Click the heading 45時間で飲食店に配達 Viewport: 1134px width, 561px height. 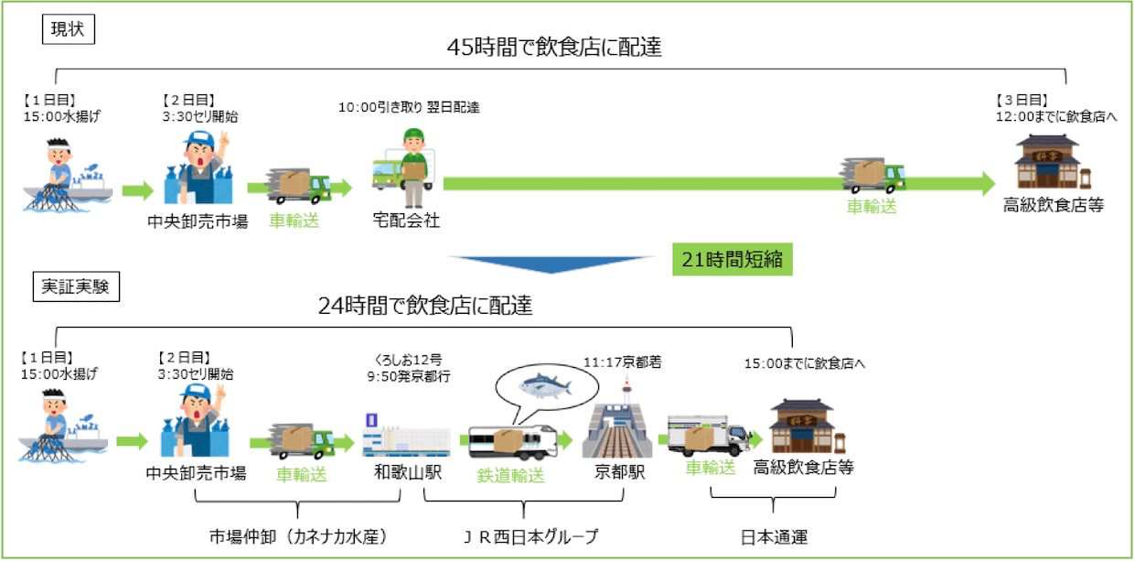(x=554, y=48)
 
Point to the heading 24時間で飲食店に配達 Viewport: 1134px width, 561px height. (x=425, y=306)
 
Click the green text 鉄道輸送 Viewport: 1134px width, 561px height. (x=510, y=476)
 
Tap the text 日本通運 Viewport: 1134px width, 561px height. (x=773, y=536)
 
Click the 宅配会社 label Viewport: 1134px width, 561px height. (x=406, y=221)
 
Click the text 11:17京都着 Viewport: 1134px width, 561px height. (x=623, y=362)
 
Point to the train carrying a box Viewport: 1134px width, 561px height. (x=512, y=441)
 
